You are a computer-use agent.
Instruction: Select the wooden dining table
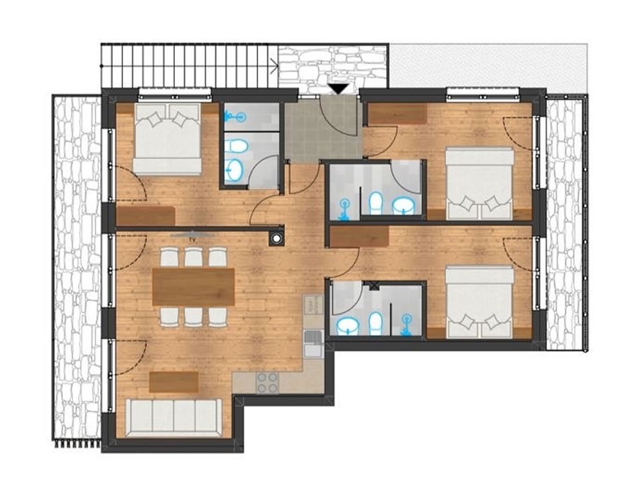coord(193,287)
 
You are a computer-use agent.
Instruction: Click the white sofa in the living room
coord(174,416)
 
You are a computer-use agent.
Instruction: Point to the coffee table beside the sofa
coord(174,382)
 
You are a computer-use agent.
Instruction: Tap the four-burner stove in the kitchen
coord(267,383)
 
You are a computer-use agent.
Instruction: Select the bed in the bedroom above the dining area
coord(167,139)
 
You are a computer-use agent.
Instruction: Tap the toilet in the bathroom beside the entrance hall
coord(236,146)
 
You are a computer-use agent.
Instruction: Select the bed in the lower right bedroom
coord(479,302)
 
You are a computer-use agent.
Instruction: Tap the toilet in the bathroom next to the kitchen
coord(376,323)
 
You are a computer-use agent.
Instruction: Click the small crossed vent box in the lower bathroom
coord(374,285)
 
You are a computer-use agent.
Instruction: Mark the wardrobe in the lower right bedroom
coord(359,236)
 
